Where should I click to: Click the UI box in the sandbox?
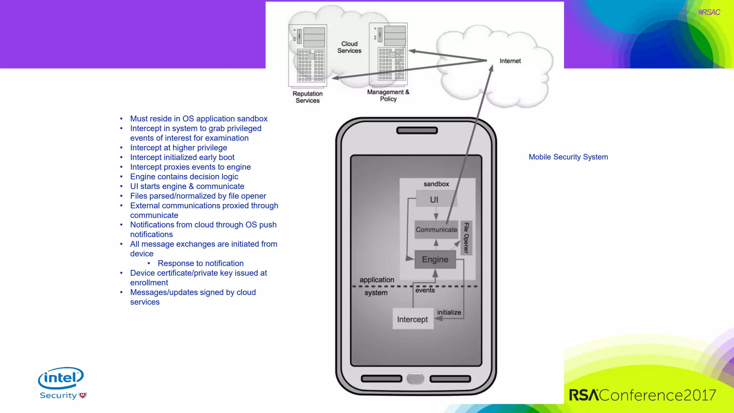434,200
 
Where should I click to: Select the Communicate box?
436,230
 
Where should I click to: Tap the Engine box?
435,260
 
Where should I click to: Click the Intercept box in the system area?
413,319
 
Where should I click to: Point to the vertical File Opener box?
466,238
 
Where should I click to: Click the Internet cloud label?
510,61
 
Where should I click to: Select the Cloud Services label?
349,47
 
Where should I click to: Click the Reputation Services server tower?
308,56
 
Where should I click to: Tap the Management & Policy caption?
388,95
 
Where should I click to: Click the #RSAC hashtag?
709,12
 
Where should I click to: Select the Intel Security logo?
62,383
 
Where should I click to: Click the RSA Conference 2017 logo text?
642,395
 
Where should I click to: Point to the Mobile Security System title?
568,157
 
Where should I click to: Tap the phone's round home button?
416,379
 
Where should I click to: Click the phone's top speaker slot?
417,130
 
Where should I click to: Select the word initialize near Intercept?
449,312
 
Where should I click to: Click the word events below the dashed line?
425,290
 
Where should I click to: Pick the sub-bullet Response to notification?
200,264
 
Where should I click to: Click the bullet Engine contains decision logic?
184,177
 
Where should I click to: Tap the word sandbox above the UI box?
436,184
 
